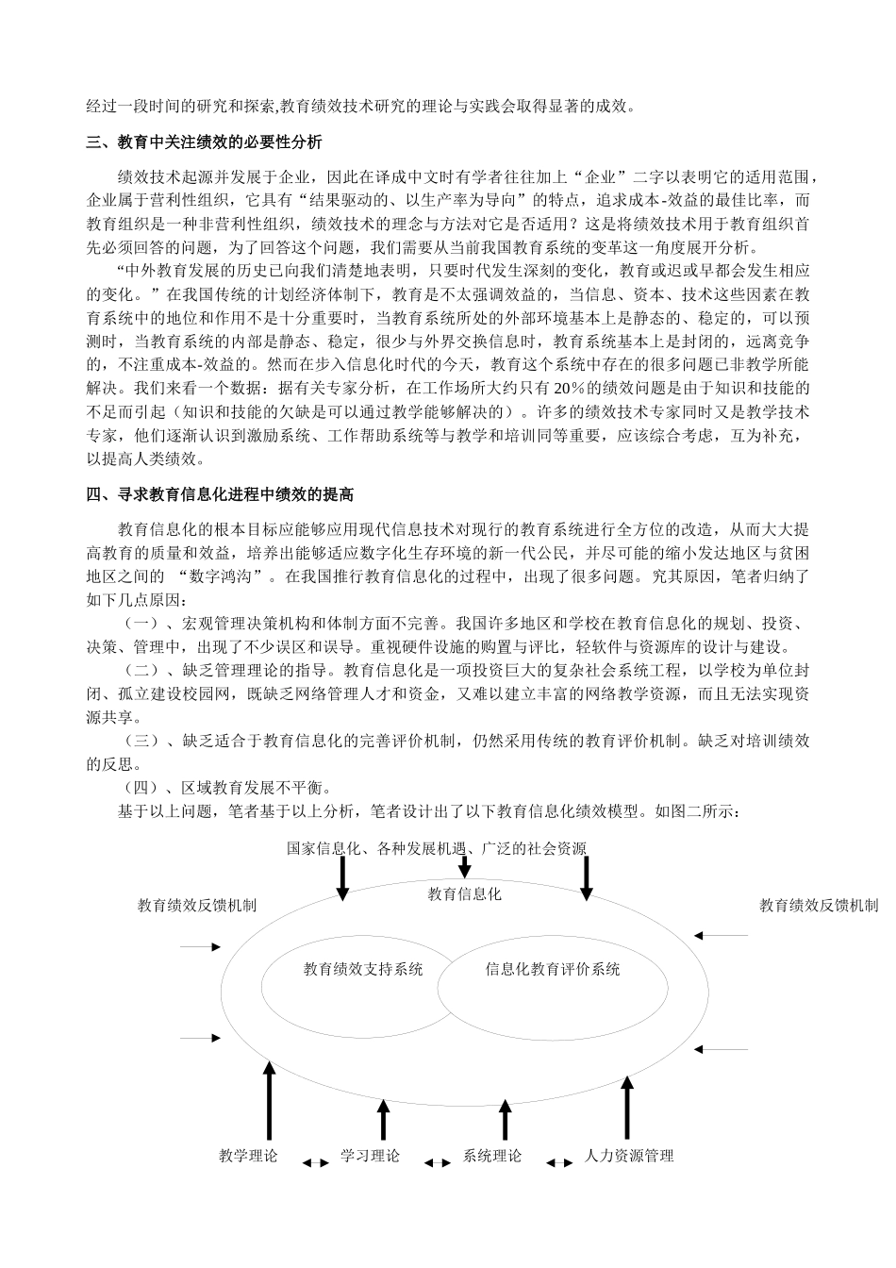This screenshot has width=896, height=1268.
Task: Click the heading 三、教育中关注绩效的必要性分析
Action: point(205,143)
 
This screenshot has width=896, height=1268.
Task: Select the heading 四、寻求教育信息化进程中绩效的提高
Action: point(220,494)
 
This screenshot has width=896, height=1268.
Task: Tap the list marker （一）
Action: point(141,623)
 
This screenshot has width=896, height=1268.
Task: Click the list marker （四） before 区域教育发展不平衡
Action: point(141,788)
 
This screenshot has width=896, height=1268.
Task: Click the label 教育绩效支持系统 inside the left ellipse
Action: point(363,969)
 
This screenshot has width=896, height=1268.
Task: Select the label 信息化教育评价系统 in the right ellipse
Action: point(553,969)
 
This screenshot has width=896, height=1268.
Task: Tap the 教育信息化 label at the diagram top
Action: point(464,893)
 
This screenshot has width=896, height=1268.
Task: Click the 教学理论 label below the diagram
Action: point(248,1156)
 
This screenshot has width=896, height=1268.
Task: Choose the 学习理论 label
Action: point(370,1156)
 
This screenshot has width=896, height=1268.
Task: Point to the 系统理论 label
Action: point(492,1156)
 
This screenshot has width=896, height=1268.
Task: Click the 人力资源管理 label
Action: point(629,1156)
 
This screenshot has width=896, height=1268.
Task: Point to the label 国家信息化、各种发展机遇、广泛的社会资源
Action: point(437,848)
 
